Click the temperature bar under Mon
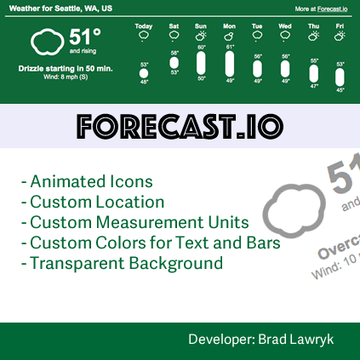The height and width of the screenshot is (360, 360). pyautogui.click(x=229, y=65)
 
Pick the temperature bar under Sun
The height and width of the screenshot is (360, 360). pyautogui.click(x=201, y=63)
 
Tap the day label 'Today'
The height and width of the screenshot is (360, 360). pyautogui.click(x=144, y=26)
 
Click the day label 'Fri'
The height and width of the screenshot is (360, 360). pyautogui.click(x=340, y=26)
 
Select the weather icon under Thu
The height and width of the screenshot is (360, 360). pyautogui.click(x=314, y=37)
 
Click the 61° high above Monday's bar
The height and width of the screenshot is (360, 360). pyautogui.click(x=230, y=48)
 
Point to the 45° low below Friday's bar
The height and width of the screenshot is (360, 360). pyautogui.click(x=340, y=89)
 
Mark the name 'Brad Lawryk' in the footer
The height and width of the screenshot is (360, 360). pyautogui.click(x=306, y=340)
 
